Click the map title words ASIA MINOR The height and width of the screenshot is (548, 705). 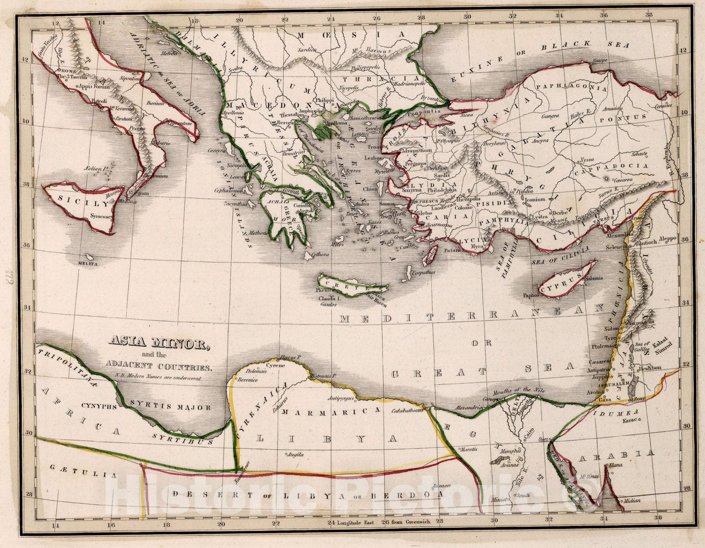[x=157, y=343]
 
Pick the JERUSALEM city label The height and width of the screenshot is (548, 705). [x=611, y=384]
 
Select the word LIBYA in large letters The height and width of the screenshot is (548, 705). [x=327, y=439]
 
